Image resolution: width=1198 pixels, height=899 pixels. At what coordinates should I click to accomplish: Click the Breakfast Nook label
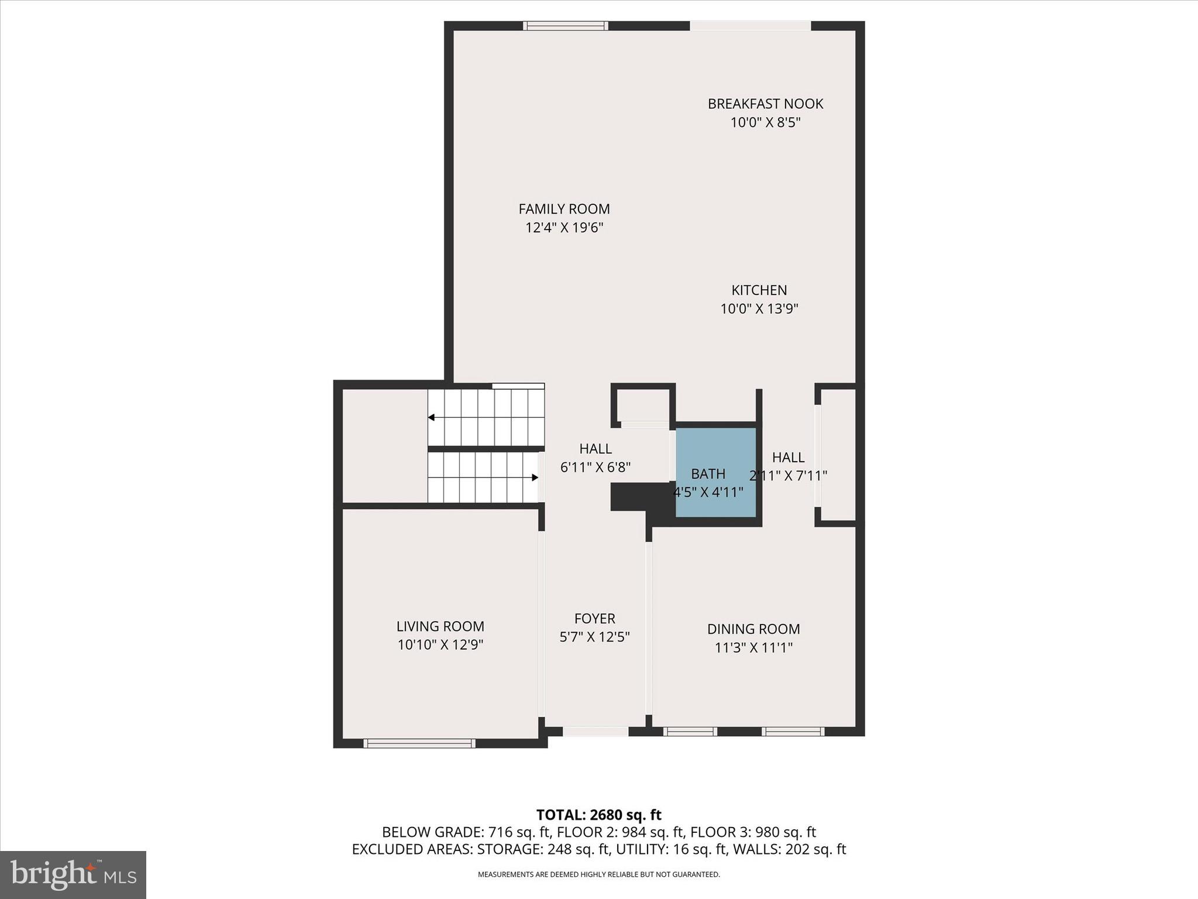[765, 104]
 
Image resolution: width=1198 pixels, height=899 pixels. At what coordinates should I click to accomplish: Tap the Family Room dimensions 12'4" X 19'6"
[564, 228]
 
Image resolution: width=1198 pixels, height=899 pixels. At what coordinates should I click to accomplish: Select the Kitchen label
[759, 290]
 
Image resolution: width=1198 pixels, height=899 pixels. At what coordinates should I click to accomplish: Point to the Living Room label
[440, 626]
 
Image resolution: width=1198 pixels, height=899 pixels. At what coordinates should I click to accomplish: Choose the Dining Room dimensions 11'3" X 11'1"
[753, 647]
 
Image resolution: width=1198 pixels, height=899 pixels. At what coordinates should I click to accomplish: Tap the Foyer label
[594, 619]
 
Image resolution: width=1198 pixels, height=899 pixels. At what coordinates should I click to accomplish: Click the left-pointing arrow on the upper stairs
[432, 417]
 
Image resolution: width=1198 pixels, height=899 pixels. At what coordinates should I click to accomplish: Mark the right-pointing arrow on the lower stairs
[534, 478]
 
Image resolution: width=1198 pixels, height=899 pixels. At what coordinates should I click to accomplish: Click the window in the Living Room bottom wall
[419, 743]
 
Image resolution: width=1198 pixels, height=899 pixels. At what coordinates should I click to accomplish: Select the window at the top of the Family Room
[565, 26]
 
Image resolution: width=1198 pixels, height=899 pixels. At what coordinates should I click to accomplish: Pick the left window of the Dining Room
[690, 731]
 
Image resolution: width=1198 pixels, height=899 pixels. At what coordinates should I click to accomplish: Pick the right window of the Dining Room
[793, 731]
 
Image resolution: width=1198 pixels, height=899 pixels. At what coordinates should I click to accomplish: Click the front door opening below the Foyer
[595, 731]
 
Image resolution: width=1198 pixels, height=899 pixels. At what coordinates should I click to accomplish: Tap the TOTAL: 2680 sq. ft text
[598, 815]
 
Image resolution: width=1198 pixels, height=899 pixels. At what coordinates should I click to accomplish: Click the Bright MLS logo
[73, 874]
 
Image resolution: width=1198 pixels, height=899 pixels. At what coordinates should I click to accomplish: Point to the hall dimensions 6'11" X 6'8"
[595, 467]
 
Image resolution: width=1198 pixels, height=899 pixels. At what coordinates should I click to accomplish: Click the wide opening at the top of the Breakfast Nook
[750, 26]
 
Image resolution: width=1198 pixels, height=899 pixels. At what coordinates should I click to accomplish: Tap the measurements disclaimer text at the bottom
[598, 874]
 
